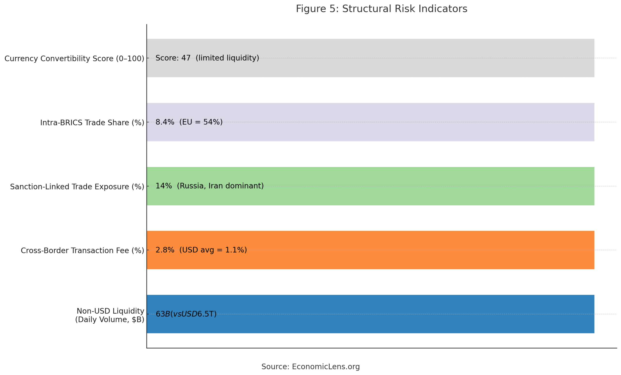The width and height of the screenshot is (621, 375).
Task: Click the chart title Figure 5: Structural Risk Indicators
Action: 381,9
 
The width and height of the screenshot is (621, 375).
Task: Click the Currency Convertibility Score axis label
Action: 74,59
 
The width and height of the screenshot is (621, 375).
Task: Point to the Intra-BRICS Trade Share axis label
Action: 92,123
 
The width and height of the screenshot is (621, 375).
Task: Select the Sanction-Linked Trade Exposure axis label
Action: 77,187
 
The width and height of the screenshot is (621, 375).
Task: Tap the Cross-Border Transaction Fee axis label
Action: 82,251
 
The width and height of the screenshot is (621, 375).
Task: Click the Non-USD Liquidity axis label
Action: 110,315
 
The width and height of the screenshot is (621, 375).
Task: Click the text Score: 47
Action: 173,58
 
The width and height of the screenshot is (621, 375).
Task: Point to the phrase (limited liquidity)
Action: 227,58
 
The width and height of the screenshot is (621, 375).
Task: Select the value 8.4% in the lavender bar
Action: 164,122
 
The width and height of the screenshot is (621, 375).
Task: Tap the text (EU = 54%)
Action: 201,122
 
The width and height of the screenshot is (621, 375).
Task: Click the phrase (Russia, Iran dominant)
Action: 220,186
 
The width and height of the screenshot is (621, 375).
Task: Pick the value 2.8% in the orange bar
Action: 164,250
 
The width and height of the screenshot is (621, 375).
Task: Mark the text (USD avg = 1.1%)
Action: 213,250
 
